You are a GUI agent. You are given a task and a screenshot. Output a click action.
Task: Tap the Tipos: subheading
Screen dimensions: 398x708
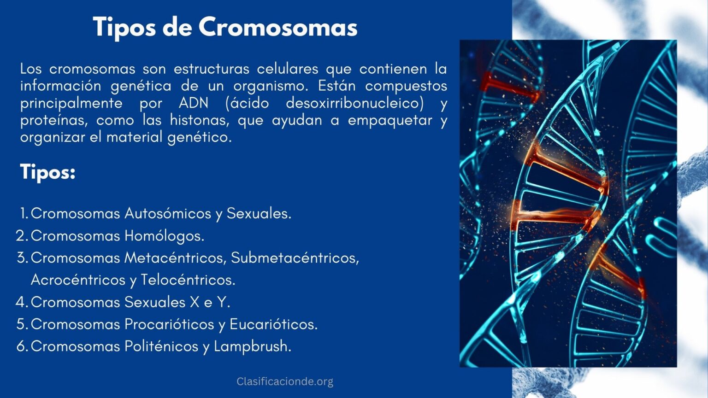click(47, 172)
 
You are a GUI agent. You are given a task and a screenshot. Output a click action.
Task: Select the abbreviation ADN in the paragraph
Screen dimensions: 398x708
click(194, 103)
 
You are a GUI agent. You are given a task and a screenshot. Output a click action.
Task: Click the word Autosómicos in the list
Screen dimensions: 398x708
click(168, 213)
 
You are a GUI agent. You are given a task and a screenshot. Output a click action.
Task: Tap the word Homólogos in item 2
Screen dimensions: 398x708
click(164, 235)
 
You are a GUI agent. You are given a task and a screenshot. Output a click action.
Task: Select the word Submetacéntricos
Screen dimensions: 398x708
click(295, 258)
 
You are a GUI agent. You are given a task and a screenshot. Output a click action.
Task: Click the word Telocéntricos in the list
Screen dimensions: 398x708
click(188, 280)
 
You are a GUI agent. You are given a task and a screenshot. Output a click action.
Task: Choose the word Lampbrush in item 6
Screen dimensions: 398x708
click(252, 346)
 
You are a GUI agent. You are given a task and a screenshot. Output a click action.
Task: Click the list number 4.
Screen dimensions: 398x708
click(22, 302)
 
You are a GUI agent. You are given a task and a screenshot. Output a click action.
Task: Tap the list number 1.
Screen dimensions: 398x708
click(24, 214)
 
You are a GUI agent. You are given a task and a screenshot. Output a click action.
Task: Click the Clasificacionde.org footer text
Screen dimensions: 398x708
click(285, 381)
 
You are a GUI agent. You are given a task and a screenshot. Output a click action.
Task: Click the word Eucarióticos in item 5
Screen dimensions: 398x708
click(273, 324)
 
